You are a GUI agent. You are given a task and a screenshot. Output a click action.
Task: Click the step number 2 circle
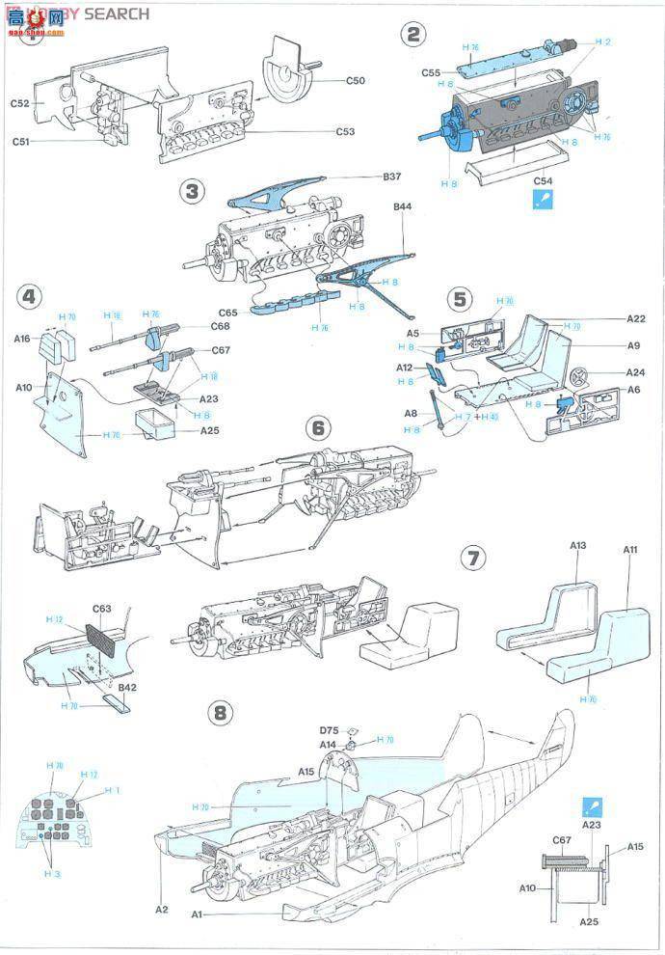pyautogui.click(x=413, y=36)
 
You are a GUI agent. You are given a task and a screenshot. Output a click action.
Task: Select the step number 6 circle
pyautogui.click(x=319, y=428)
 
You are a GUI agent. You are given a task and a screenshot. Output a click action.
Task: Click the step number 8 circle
pyautogui.click(x=222, y=712)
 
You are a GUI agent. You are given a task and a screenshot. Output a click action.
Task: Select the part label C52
pyautogui.click(x=20, y=103)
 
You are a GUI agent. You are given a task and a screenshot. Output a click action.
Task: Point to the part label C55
pyautogui.click(x=431, y=72)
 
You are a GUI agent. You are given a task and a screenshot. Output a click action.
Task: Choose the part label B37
pyautogui.click(x=390, y=177)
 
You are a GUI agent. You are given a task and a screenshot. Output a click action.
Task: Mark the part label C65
pyautogui.click(x=227, y=313)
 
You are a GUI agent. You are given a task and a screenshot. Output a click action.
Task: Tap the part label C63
pyautogui.click(x=102, y=609)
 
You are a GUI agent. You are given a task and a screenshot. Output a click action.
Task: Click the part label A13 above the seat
pyautogui.click(x=577, y=545)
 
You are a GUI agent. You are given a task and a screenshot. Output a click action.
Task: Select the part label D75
pyautogui.click(x=331, y=730)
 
